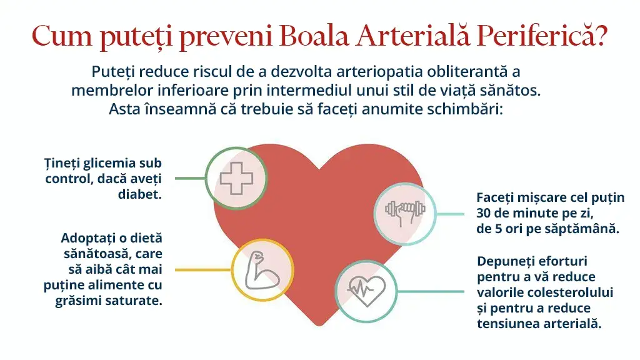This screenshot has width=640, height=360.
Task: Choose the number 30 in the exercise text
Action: (484, 212)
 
